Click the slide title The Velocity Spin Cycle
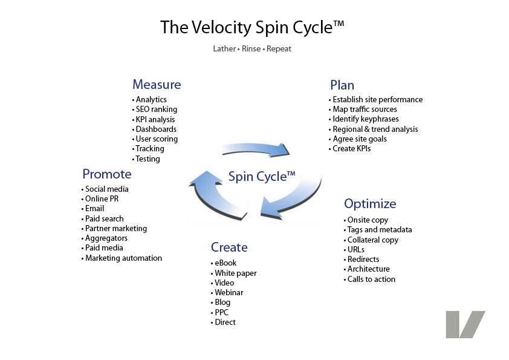coord(252,28)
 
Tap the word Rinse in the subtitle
coord(251,49)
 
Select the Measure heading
coord(157,85)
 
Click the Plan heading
coord(342,85)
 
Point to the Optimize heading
coord(370,204)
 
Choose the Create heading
coord(229,247)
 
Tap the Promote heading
coord(107,174)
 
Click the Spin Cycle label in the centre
coord(262,177)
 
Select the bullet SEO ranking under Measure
coord(156,110)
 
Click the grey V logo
coord(465,324)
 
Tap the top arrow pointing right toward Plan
coord(256,149)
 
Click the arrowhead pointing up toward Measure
coord(205,178)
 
